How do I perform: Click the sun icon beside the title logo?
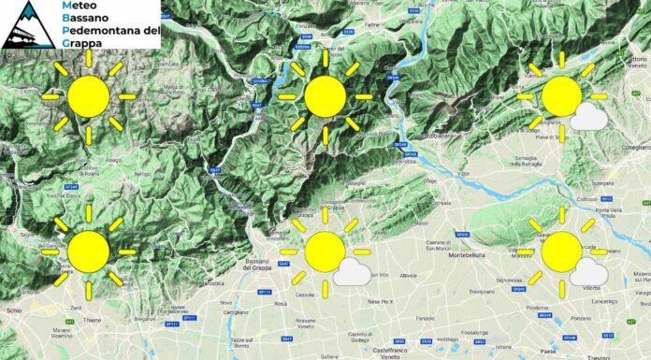[89, 95]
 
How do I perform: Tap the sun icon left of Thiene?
[89, 251]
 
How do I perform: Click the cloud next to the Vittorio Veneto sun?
[587, 117]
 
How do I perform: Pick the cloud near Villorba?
[587, 272]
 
